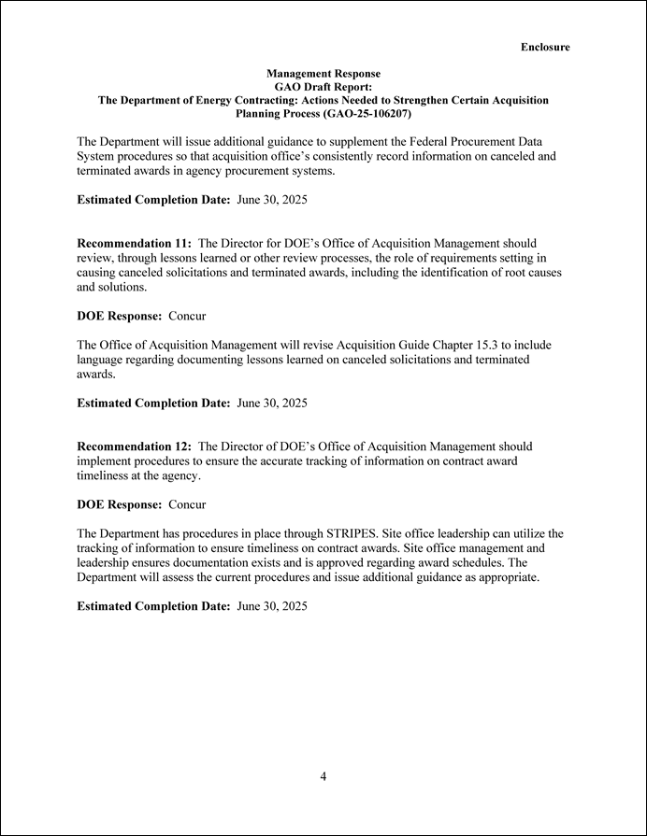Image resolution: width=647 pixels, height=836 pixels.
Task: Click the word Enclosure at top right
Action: coord(545,47)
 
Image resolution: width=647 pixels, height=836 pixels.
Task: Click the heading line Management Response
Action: coord(323,73)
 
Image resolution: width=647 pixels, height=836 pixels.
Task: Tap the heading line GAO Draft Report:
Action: coord(323,86)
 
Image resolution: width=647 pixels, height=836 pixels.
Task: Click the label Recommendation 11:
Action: coord(134,243)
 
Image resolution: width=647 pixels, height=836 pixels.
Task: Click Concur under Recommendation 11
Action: coord(187,316)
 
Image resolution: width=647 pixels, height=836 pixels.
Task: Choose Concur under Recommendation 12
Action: coord(187,504)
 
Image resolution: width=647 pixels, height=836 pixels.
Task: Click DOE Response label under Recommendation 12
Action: coord(120,504)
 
